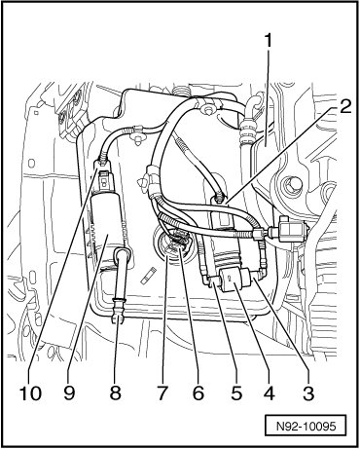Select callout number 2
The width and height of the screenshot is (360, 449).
[x=344, y=106]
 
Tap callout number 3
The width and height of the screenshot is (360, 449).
[x=308, y=393]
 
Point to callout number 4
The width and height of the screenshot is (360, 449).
[x=269, y=393]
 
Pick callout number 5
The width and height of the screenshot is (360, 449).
[x=235, y=393]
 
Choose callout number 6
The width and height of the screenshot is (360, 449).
[x=198, y=393]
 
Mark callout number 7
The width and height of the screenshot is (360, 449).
[x=162, y=393]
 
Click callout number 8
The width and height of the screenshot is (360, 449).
[x=115, y=393]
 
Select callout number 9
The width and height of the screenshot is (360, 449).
[x=69, y=393]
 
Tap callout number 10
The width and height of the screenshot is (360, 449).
[x=30, y=393]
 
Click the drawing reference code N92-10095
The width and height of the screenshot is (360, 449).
[x=306, y=426]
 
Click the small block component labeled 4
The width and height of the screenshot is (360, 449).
[x=234, y=279]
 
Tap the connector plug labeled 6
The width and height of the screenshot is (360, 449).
[x=177, y=242]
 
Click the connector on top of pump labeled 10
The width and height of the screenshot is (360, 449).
[x=103, y=177]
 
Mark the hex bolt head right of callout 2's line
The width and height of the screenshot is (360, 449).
[x=291, y=186]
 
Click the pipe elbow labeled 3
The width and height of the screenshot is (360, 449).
[x=262, y=271]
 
